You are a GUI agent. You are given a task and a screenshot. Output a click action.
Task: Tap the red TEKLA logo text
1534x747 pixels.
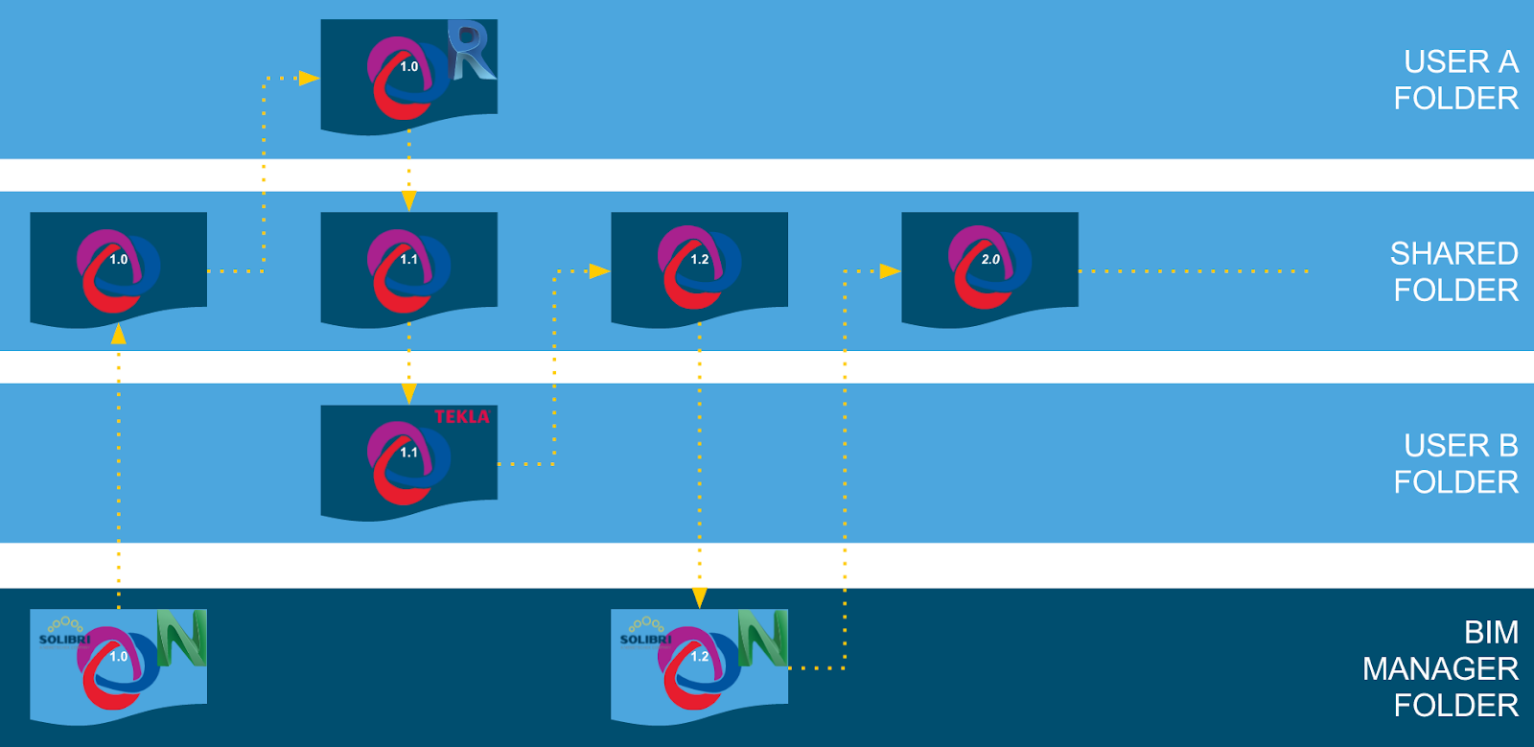tap(461, 416)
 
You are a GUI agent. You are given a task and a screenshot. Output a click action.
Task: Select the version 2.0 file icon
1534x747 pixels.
tap(989, 268)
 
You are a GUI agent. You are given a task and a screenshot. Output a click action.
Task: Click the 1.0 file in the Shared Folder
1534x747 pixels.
tap(118, 268)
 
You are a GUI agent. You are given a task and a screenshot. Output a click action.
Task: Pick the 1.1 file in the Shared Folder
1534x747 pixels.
tap(408, 268)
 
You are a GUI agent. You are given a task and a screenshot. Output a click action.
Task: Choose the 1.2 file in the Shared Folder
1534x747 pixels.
tap(699, 268)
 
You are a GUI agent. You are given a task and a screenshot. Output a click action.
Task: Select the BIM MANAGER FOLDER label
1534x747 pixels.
tap(1440, 668)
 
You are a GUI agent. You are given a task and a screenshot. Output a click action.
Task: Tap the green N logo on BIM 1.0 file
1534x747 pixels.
tap(182, 638)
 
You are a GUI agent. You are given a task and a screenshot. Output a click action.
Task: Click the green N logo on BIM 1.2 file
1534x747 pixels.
tap(763, 638)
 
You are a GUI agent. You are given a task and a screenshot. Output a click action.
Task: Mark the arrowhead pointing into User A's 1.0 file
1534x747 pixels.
tap(309, 78)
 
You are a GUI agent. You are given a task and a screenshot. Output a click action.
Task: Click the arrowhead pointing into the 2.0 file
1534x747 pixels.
tap(890, 271)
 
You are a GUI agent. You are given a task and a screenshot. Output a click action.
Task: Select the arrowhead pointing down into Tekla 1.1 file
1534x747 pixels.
tap(408, 394)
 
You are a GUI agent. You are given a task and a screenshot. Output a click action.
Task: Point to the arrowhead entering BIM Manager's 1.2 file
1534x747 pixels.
tap(699, 598)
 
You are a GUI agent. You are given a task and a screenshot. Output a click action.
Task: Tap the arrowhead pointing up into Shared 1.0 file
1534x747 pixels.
tap(118, 334)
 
